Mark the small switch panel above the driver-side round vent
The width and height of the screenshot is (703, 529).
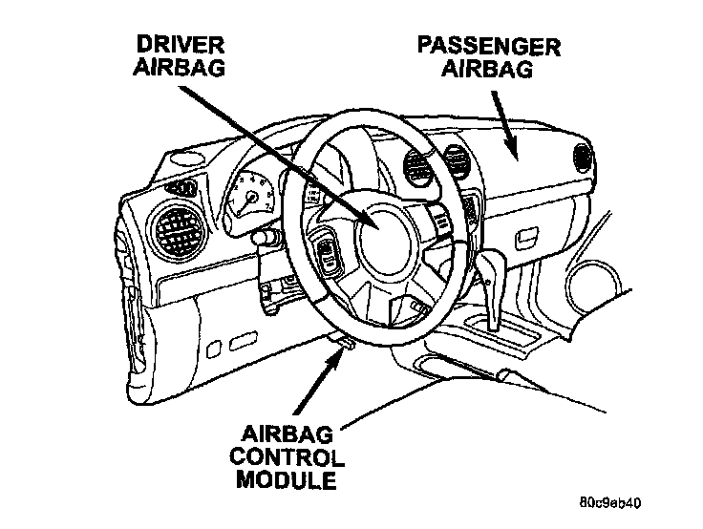coord(185,185)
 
